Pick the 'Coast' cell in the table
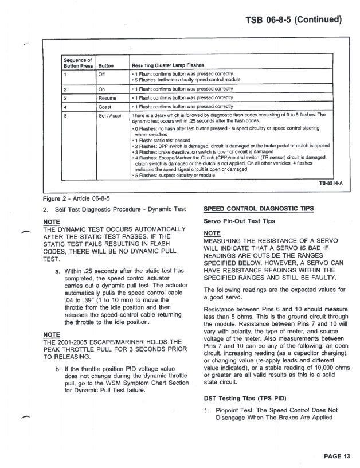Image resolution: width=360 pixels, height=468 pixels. [105, 107]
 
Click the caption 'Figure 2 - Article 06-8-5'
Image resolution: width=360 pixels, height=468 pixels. [76, 198]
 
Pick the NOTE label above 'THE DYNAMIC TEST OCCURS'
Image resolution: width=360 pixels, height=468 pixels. [52, 221]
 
